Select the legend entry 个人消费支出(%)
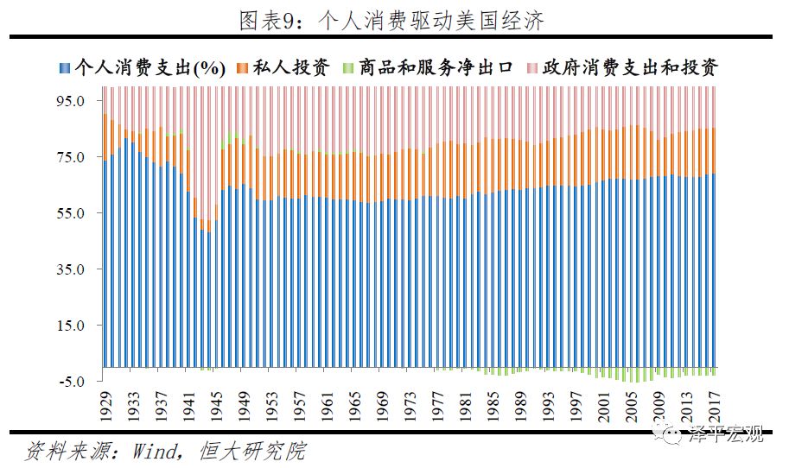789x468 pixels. pos(143,67)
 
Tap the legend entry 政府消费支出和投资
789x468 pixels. pos(621,67)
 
